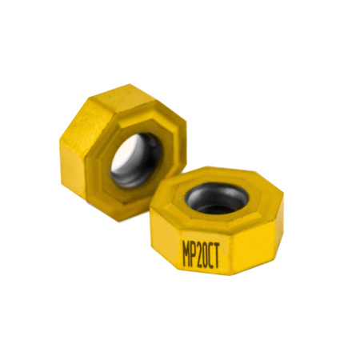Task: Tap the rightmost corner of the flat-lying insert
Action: point(285,210)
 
